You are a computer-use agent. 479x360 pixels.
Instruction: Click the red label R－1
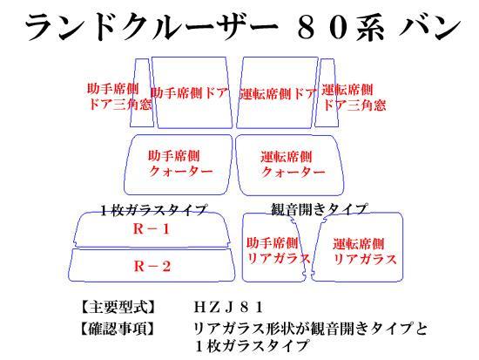152,228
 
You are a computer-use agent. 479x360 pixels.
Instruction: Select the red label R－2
152,266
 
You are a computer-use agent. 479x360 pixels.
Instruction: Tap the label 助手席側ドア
190,92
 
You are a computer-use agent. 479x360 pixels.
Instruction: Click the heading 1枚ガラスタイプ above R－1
153,210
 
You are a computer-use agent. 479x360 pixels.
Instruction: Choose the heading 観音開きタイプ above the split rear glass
319,209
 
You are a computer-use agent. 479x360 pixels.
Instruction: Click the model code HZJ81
228,308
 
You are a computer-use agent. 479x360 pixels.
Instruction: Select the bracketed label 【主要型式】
118,307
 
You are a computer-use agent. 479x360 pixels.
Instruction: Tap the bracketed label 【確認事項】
118,329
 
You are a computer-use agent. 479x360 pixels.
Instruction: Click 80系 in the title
340,28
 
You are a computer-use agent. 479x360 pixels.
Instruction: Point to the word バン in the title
429,28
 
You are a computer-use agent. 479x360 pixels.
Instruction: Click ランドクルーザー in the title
151,28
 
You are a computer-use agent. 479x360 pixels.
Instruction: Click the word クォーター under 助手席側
181,171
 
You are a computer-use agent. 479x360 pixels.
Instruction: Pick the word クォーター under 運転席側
293,172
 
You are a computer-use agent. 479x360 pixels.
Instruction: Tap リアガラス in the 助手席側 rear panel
279,259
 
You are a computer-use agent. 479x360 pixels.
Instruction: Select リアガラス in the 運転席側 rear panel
365,259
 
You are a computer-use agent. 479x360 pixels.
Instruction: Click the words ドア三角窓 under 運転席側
354,105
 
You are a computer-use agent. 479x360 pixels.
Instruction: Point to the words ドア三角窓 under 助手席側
119,104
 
